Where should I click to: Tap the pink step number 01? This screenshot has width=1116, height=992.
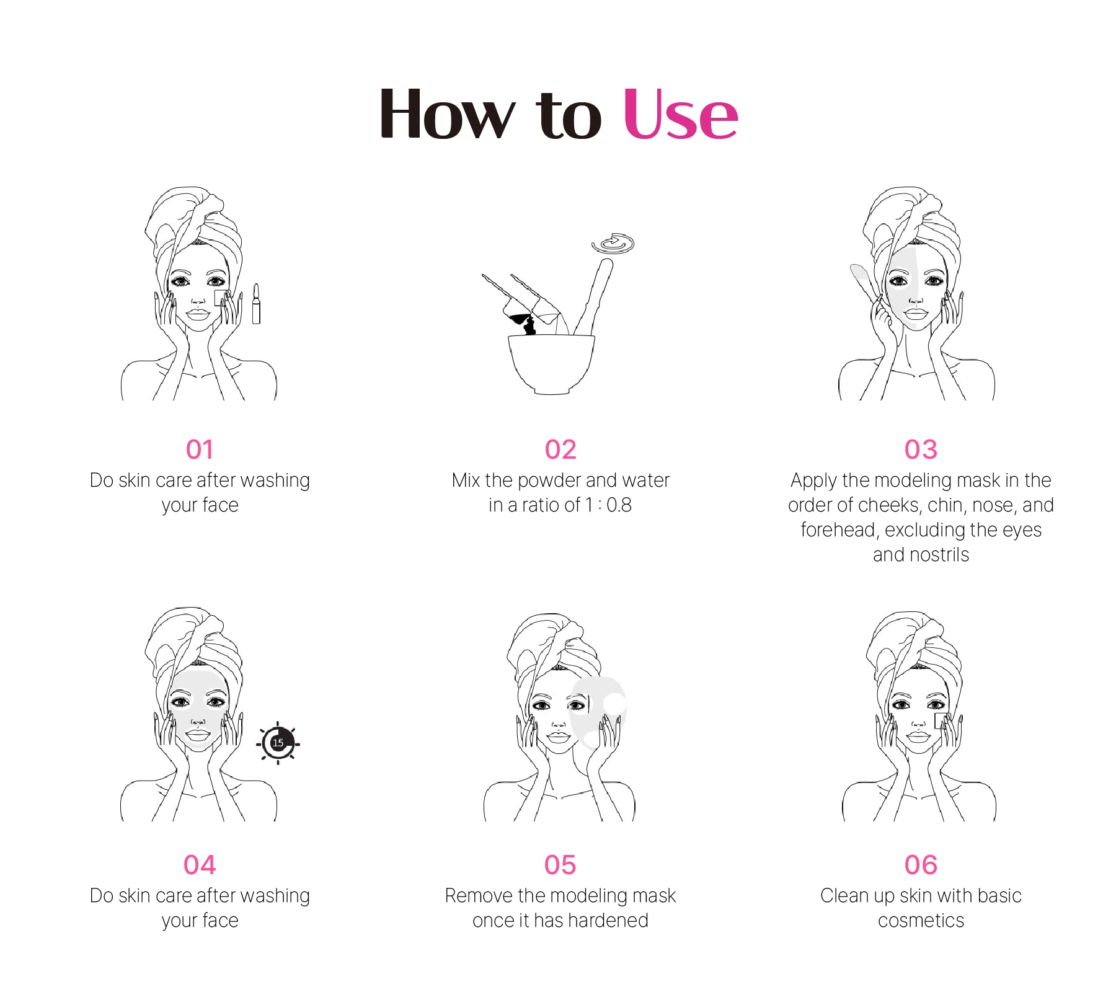pyautogui.click(x=200, y=449)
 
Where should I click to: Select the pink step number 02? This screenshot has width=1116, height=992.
pyautogui.click(x=560, y=449)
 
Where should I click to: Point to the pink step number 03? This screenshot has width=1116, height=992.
pyautogui.click(x=921, y=449)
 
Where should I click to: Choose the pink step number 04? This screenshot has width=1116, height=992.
pyautogui.click(x=200, y=865)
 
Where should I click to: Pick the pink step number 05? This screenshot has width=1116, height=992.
pyautogui.click(x=560, y=865)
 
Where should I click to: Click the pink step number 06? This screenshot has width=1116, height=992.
pyautogui.click(x=921, y=865)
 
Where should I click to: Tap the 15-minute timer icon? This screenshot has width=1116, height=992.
pyautogui.click(x=278, y=743)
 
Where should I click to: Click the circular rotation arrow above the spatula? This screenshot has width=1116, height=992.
pyautogui.click(x=613, y=244)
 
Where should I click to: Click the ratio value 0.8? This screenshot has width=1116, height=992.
pyautogui.click(x=619, y=505)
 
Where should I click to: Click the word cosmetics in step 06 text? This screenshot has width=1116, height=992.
pyautogui.click(x=921, y=921)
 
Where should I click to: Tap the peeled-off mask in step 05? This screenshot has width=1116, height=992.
pyautogui.click(x=598, y=711)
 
